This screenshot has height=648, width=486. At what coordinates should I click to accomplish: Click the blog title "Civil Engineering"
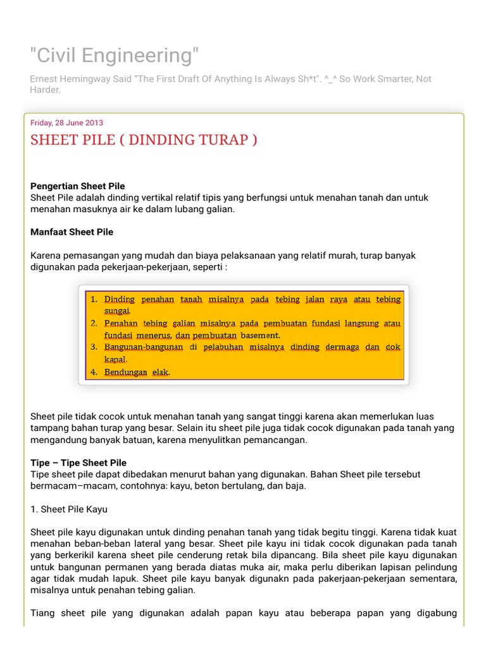pyautogui.click(x=115, y=56)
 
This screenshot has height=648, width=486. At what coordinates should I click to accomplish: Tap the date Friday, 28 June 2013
pyautogui.click(x=66, y=123)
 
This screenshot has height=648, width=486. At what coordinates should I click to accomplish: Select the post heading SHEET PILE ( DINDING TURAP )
pyautogui.click(x=144, y=140)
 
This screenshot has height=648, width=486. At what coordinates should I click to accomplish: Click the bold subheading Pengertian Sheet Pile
pyautogui.click(x=78, y=186)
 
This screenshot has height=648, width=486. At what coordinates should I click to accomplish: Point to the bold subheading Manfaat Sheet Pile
pyautogui.click(x=72, y=232)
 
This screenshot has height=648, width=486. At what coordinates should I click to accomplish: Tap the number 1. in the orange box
pyautogui.click(x=94, y=299)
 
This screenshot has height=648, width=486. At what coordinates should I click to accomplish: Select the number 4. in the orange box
pyautogui.click(x=94, y=372)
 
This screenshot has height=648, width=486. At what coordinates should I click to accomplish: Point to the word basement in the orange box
pyautogui.click(x=261, y=335)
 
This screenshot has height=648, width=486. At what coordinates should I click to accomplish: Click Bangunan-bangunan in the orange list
pyautogui.click(x=144, y=347)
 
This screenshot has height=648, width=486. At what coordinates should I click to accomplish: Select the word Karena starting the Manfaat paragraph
pyautogui.click(x=44, y=256)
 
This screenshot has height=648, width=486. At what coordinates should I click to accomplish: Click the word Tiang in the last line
pyautogui.click(x=43, y=613)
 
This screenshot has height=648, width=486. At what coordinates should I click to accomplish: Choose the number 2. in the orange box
pyautogui.click(x=94, y=323)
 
